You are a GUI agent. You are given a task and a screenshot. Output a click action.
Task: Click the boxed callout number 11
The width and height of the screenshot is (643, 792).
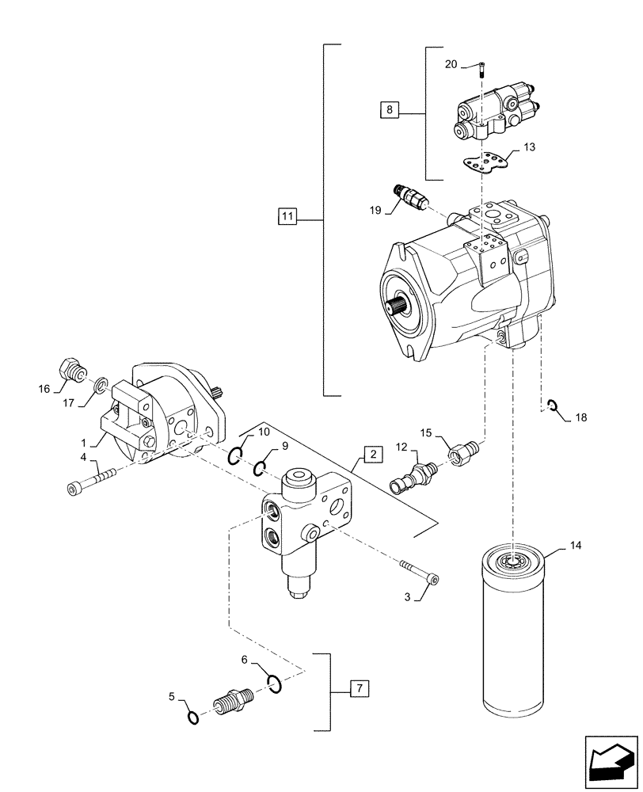[287, 216]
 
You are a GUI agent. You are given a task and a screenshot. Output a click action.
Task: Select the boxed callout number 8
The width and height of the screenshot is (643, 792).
[390, 110]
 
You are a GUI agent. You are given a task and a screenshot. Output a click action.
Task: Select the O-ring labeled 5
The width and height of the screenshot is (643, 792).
[192, 718]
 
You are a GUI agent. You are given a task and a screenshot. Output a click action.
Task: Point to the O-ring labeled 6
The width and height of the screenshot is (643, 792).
[274, 683]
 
